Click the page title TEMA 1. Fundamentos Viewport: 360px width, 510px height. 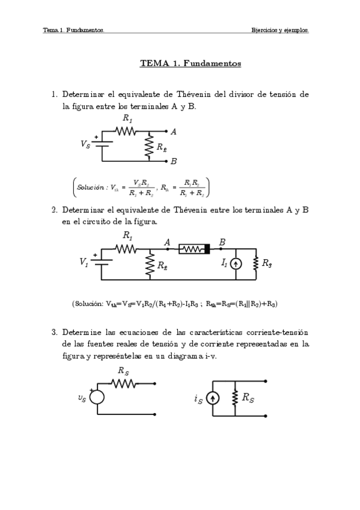pos(190,63)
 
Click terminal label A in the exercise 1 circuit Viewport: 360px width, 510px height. pos(173,131)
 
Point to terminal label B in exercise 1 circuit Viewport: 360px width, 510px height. pos(173,161)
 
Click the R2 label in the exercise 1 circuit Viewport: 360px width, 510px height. pos(161,147)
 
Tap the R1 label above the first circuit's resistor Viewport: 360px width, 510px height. pos(127,119)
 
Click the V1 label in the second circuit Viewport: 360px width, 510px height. pos(84,262)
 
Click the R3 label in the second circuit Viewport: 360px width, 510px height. pos(267,263)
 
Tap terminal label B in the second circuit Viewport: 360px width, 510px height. pos(222,242)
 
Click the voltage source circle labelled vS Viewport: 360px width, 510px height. pos(97,397)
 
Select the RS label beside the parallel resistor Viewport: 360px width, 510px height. pos(248,397)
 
